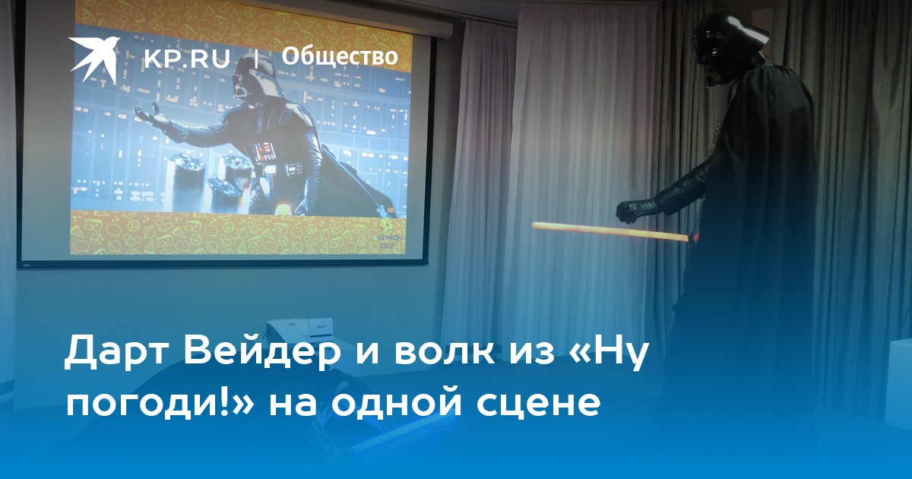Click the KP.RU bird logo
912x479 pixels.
[x=93, y=59]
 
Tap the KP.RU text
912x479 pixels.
[x=187, y=59]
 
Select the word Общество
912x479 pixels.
[x=340, y=56]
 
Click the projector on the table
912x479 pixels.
[x=301, y=331]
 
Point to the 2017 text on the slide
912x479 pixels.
[x=388, y=246]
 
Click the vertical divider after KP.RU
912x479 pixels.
[x=256, y=59]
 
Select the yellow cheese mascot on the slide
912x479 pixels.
[x=385, y=223]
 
